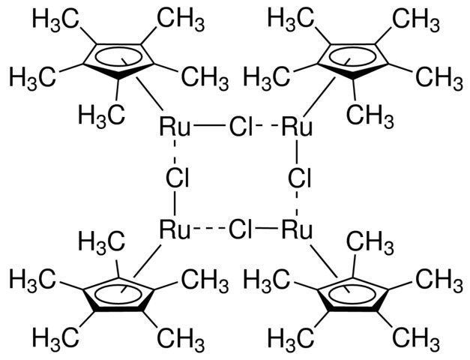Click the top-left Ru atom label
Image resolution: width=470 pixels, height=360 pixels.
175,127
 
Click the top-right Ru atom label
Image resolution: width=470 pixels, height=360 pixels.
297,127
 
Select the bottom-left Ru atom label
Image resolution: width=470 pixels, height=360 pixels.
175,230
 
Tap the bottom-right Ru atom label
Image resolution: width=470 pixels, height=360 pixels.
297,230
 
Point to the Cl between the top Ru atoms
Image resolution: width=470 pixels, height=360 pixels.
241,127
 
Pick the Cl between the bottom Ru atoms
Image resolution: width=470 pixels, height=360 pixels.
241,230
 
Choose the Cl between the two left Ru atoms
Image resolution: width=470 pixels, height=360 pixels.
178,178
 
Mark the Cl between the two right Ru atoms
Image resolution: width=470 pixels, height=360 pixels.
299,178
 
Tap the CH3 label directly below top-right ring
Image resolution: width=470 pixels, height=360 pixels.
370,115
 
